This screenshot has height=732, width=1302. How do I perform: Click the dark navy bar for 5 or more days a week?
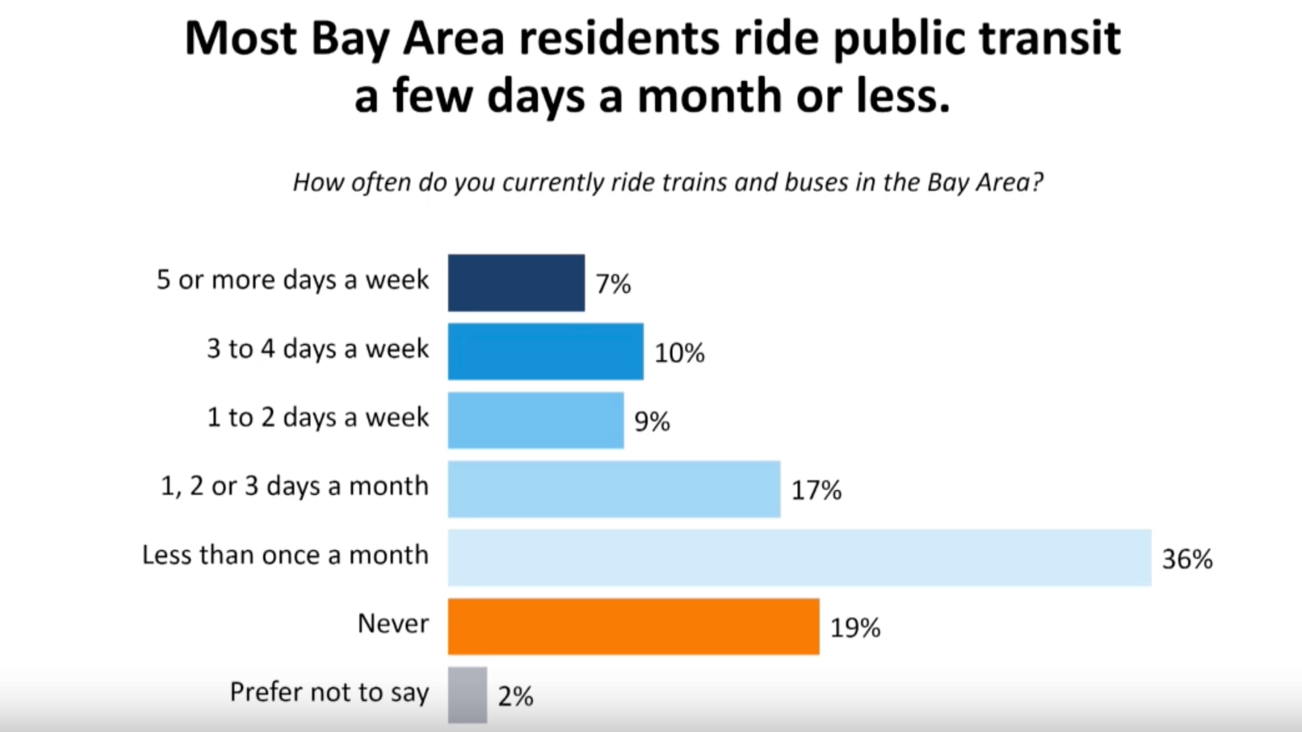tap(516, 283)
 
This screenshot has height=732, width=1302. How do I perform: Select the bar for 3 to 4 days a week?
tap(546, 351)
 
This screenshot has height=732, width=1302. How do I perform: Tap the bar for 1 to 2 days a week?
tap(536, 420)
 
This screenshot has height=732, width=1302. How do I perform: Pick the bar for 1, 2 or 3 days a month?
tap(614, 489)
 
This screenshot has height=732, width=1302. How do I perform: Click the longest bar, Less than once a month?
tap(799, 558)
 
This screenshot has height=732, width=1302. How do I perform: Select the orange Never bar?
tap(634, 627)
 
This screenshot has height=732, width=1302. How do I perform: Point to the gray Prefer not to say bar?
tap(467, 695)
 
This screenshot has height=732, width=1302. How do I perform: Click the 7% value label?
tap(614, 284)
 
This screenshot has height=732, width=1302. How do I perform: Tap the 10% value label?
tap(679, 353)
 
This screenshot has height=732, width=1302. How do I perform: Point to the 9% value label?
tap(652, 422)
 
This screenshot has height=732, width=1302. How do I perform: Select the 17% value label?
tap(816, 490)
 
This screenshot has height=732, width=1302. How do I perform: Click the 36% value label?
tap(1187, 559)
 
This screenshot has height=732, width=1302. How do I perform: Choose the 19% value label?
tap(855, 628)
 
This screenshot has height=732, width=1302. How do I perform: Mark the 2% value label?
tap(516, 697)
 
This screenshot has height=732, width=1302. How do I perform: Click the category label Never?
tap(393, 624)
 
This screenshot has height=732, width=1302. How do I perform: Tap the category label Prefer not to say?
tap(329, 692)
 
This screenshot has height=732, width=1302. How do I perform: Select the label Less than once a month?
tap(285, 555)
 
